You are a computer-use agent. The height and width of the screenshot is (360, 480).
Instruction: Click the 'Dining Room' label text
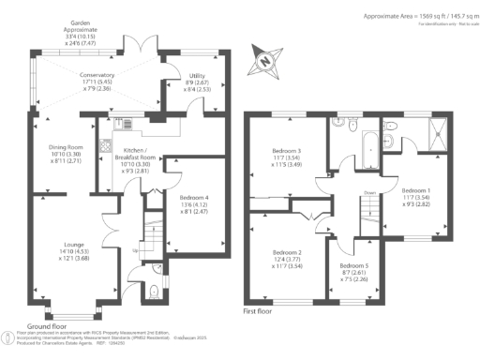pos(67,151)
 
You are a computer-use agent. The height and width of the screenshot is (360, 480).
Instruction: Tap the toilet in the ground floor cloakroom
pos(153,292)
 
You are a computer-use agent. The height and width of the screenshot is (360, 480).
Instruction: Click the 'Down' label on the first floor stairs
pos(369,195)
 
